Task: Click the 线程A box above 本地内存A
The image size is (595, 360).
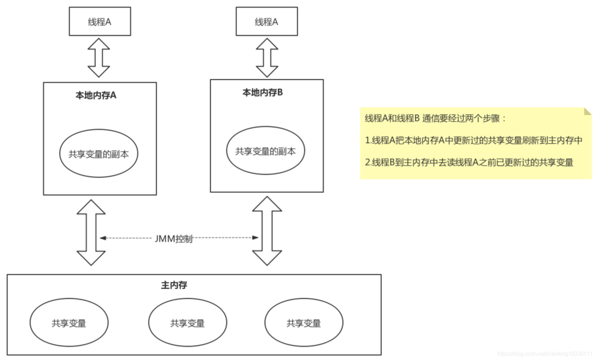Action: [x=100, y=22]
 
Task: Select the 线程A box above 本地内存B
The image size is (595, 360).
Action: [x=267, y=22]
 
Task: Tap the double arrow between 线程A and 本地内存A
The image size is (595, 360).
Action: [x=99, y=58]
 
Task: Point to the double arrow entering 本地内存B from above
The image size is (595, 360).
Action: [x=267, y=58]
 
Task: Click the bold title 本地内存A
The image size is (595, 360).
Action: [x=96, y=95]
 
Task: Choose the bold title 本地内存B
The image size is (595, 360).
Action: [x=263, y=93]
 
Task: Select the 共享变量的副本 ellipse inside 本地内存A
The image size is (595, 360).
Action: [x=99, y=154]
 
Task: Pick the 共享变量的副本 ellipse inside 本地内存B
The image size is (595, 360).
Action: [x=266, y=151]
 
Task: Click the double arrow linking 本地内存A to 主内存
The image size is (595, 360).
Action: [x=91, y=232]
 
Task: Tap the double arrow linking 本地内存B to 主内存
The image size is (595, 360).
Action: [x=267, y=231]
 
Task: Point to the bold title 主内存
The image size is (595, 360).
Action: [x=174, y=285]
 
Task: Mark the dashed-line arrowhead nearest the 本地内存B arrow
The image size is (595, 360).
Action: [x=255, y=238]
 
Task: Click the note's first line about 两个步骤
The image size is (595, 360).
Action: [x=435, y=119]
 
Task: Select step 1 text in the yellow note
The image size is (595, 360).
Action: [x=474, y=140]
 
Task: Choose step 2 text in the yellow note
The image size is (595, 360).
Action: [x=469, y=162]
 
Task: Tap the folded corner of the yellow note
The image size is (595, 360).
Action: [x=587, y=111]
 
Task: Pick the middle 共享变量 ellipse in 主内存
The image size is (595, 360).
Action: [x=187, y=323]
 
